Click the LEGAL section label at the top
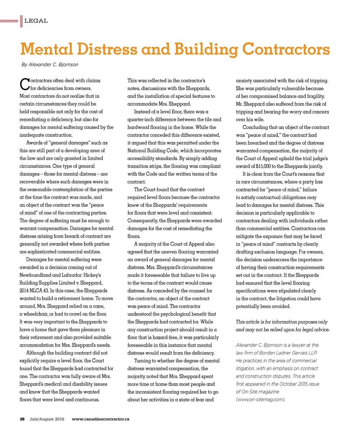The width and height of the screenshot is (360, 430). (36, 21)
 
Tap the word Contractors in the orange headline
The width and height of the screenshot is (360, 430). (287, 49)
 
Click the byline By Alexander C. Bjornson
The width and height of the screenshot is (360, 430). (50, 65)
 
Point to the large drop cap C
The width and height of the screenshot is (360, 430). (24, 84)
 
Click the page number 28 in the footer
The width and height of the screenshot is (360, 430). (22, 419)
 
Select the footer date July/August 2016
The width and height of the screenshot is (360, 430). (47, 419)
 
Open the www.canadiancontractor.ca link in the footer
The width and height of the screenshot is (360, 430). (101, 419)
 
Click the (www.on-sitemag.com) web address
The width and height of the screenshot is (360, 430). (261, 399)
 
